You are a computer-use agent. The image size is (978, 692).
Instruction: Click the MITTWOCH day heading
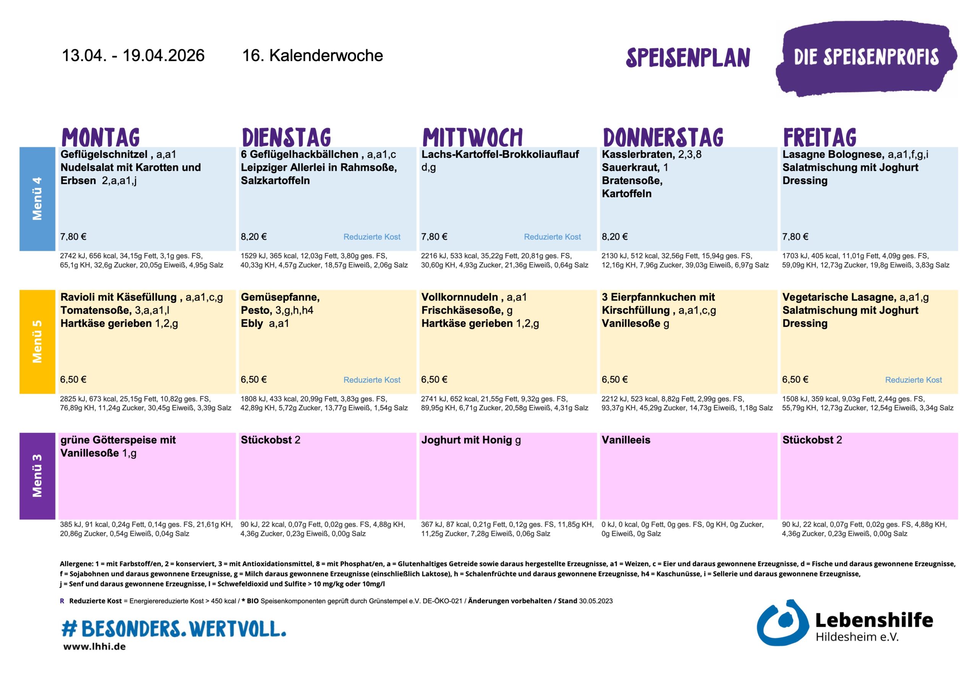coord(472,137)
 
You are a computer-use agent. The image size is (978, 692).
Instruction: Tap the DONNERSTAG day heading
coord(663,137)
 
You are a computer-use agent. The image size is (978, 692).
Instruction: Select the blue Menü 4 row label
coord(37,199)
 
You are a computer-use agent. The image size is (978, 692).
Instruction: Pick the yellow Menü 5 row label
coord(37,341)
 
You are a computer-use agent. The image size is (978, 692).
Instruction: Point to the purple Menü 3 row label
coord(37,476)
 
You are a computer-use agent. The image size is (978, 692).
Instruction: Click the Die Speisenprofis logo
coord(866,58)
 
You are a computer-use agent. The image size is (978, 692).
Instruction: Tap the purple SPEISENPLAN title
coord(688,58)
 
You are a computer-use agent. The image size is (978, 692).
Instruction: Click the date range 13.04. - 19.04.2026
coord(133,55)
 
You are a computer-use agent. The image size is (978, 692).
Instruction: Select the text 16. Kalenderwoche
coord(312,55)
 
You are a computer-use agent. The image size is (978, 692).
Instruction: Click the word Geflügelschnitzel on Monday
coord(104,154)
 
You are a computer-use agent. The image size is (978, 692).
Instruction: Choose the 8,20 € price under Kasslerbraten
coord(615,237)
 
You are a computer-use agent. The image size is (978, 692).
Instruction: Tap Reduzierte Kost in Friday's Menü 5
coord(913,380)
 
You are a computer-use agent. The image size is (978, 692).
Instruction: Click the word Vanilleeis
coord(626,440)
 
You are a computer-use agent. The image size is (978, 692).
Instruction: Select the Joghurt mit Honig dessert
coord(471,440)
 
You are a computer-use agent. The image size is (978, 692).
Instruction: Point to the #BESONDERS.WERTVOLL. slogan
coord(174,629)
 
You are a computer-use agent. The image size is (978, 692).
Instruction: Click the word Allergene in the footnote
coord(76,564)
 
